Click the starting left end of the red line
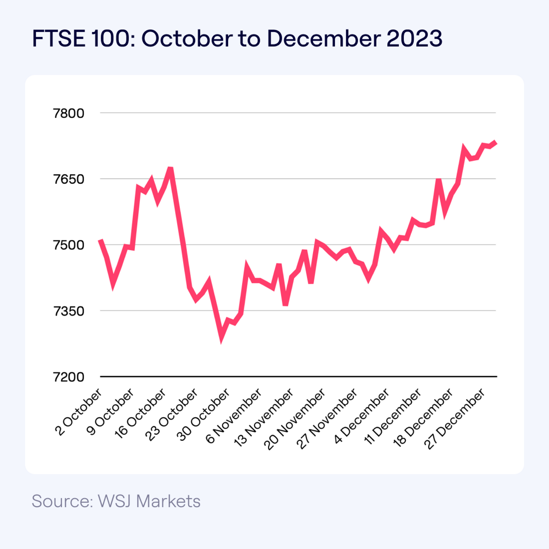(x=100, y=240)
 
